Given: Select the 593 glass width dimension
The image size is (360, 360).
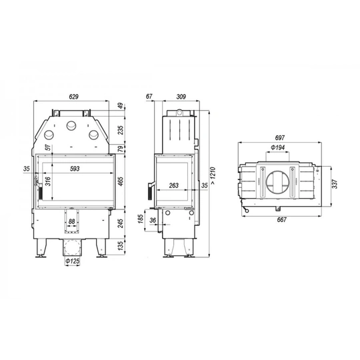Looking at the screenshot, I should (75, 169).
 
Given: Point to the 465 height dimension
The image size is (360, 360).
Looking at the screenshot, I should (121, 181).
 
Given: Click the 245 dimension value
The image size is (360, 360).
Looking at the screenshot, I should (121, 225).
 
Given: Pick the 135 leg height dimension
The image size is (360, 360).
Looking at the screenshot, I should (121, 247).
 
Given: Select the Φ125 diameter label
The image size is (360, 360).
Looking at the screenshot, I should (73, 262).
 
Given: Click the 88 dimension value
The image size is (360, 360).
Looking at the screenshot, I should (72, 223).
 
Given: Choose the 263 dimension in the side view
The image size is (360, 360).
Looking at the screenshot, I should (173, 186).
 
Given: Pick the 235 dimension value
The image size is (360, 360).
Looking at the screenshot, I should (121, 130).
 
